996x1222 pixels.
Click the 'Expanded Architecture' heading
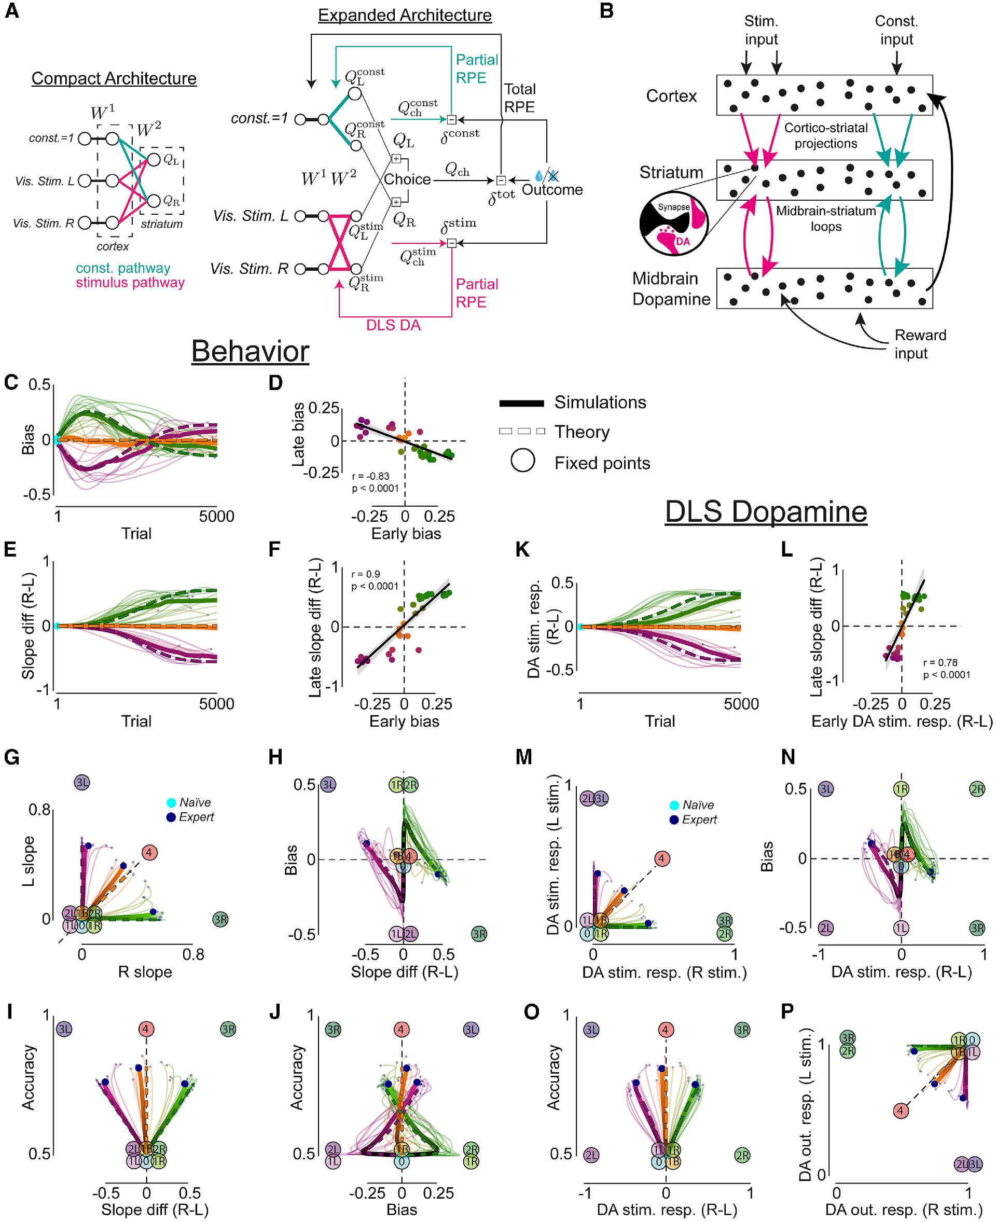coord(405,15)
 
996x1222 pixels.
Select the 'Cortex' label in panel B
coord(671,96)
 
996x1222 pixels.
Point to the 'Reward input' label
coord(920,344)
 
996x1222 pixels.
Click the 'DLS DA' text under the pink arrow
coord(393,325)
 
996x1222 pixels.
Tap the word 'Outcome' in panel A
coord(552,190)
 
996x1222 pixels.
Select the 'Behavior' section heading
coord(250,351)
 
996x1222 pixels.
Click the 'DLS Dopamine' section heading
coord(765,511)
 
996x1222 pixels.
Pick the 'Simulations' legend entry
coord(600,402)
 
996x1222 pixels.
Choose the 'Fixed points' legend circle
coord(523,460)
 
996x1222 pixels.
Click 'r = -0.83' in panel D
coord(370,476)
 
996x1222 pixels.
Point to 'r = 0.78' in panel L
coord(940,663)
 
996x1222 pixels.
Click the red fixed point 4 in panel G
coord(149,853)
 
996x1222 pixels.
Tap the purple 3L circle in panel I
coord(64,1029)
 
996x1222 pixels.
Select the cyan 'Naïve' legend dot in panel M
coord(675,806)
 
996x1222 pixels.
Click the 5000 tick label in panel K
coord(741,704)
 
